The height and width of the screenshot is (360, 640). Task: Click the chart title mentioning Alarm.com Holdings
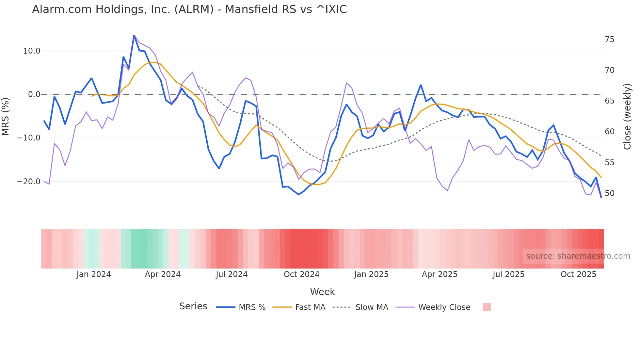(x=189, y=9)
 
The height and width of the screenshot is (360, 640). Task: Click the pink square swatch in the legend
(x=487, y=307)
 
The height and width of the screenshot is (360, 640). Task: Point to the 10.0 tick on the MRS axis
(x=32, y=51)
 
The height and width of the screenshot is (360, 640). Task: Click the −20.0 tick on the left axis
(x=29, y=182)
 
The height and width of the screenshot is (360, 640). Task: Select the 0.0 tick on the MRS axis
(x=34, y=94)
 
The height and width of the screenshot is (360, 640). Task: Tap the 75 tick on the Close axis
(x=609, y=40)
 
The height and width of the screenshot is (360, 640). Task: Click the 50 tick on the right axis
(x=609, y=193)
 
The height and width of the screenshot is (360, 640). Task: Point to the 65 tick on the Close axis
(x=609, y=101)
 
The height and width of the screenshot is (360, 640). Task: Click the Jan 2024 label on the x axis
(x=94, y=274)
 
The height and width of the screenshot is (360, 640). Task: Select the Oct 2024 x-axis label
(x=301, y=274)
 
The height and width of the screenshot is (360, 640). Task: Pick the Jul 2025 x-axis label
(x=508, y=274)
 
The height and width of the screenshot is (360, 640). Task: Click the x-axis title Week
(x=322, y=292)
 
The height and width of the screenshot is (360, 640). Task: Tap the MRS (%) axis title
(x=6, y=116)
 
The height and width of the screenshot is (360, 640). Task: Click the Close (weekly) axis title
(x=627, y=116)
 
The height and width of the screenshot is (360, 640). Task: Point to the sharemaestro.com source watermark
(x=578, y=256)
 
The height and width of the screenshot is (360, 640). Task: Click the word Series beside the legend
(x=193, y=306)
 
